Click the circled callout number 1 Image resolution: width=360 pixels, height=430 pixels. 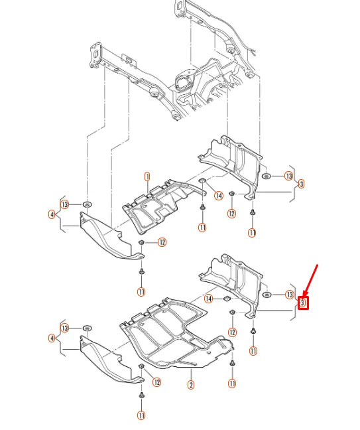(x=147, y=177)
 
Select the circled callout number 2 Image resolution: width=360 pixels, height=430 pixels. (x=191, y=385)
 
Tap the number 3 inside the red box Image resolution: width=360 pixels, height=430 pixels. (x=303, y=303)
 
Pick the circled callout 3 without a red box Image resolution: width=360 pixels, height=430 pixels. (x=302, y=184)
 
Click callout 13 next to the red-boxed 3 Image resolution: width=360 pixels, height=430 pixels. (x=290, y=295)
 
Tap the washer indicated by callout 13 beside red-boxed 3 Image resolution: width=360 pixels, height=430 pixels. (x=267, y=295)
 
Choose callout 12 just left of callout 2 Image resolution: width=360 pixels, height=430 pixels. (x=156, y=382)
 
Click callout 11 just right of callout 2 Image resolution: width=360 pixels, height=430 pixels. (x=232, y=383)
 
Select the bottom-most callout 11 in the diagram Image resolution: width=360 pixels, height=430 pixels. (x=141, y=415)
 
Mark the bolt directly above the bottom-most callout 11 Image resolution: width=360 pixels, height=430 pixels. (x=142, y=395)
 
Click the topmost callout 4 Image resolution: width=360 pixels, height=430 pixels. (x=52, y=214)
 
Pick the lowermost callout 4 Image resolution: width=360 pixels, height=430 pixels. (x=52, y=338)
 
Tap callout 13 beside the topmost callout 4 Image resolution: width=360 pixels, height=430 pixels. (x=65, y=204)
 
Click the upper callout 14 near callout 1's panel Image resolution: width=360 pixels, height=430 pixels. (x=218, y=196)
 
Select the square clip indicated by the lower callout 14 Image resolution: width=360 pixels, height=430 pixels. (x=227, y=299)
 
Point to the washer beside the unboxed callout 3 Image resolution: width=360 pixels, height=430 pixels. (x=267, y=176)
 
